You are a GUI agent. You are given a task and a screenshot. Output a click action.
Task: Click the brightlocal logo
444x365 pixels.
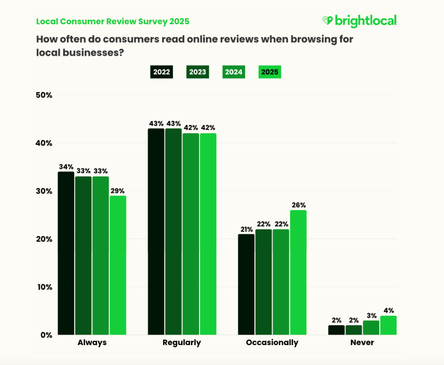(x=359, y=21)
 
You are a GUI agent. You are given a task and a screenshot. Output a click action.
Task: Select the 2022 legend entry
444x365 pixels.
(x=161, y=72)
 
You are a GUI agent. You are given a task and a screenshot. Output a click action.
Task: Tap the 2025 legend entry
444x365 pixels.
(x=270, y=72)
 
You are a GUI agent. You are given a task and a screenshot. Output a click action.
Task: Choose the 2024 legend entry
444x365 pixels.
(x=233, y=72)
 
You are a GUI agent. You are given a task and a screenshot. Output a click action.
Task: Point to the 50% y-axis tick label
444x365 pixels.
(x=44, y=95)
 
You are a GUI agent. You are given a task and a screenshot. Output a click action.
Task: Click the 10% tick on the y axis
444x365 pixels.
(x=44, y=287)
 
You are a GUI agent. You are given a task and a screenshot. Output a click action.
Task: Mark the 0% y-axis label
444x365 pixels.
(x=46, y=335)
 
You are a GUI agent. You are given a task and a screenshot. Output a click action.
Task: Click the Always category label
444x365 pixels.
(x=92, y=343)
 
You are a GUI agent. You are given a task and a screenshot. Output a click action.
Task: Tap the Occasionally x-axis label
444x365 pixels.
(x=272, y=343)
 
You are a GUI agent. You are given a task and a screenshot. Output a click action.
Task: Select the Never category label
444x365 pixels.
(x=362, y=343)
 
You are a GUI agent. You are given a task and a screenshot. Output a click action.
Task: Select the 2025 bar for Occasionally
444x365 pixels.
(x=298, y=272)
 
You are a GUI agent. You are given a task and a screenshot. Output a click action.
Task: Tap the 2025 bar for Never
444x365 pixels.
(x=388, y=325)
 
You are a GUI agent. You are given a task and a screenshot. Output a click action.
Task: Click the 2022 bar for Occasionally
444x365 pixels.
(x=246, y=284)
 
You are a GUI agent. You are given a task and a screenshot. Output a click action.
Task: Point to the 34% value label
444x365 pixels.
(x=66, y=167)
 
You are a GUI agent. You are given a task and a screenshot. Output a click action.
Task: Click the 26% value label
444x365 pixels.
(x=299, y=205)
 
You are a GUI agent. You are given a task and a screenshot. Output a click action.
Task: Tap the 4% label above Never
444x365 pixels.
(x=389, y=310)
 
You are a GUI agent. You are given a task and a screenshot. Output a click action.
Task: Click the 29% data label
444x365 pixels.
(x=118, y=191)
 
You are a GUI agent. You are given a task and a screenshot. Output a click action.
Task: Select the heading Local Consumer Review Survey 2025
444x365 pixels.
(x=112, y=21)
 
